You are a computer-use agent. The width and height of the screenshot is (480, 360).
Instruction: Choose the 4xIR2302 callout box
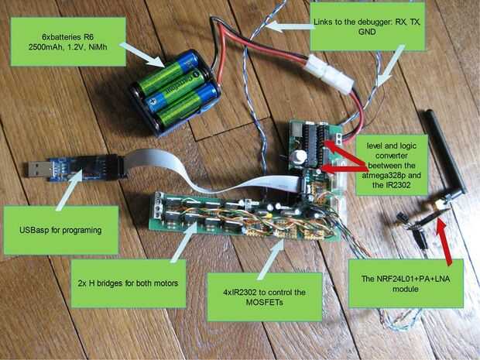(x=269, y=297)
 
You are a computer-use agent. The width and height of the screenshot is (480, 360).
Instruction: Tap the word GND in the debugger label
(x=368, y=36)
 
